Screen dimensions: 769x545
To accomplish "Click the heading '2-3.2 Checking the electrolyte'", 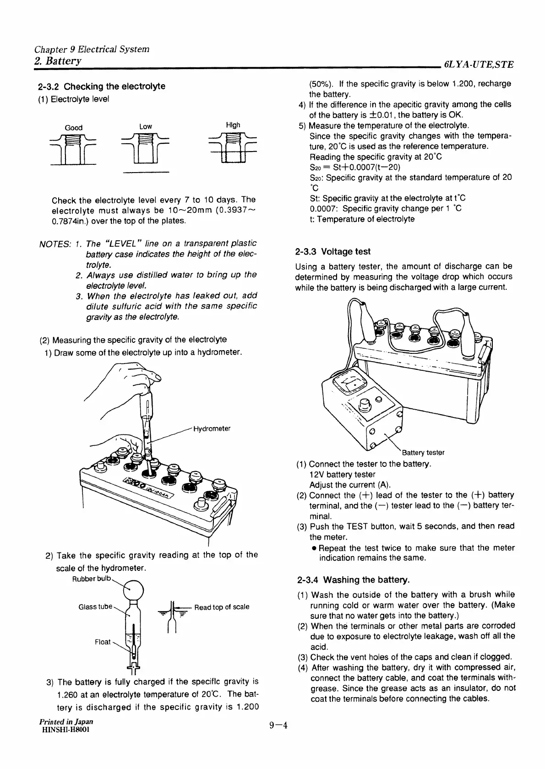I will pos(101,87).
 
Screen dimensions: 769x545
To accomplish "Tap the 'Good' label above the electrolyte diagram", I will pos(73,128).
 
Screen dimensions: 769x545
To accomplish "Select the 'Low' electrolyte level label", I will pos(145,126).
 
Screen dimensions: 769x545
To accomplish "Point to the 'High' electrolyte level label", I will pos(233,125).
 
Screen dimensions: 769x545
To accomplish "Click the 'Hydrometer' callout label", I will pos(212,429).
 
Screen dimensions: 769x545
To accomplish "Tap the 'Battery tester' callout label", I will pos(423,453).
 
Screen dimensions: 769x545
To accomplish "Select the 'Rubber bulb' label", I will pos(92,579).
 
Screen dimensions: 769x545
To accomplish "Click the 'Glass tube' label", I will pos(95,607).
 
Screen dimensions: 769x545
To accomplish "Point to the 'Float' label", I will pos(103,642).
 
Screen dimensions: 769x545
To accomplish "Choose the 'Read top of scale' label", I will pos(222,607).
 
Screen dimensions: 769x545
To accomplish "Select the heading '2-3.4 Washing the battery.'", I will pos(353,580).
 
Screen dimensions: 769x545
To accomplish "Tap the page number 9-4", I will pos(278,726).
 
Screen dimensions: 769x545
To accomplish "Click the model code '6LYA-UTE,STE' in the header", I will pos(478,65).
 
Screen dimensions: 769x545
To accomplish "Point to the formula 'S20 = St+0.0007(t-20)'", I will pos(352,167).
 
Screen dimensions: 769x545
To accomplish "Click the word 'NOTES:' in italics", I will pos(54,244).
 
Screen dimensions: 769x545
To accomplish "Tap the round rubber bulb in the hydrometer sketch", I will pos(135,589).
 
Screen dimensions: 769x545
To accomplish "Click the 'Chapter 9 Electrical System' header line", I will pos(92,49).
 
